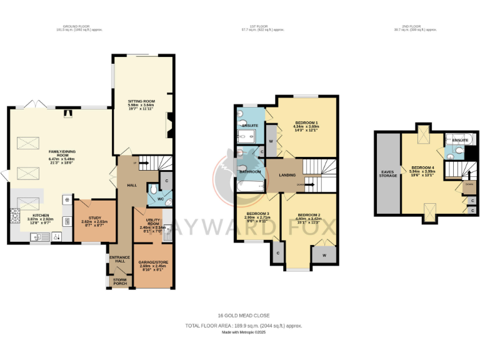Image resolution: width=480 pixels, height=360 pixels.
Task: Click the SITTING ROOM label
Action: tap(142, 101)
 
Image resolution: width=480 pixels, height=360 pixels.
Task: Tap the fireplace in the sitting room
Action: tap(167, 125)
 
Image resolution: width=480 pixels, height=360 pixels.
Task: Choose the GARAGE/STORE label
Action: tap(153, 262)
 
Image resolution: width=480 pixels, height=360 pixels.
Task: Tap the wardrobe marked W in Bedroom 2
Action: tap(324, 255)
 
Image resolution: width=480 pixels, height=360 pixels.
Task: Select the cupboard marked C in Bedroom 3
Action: tap(277, 252)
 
